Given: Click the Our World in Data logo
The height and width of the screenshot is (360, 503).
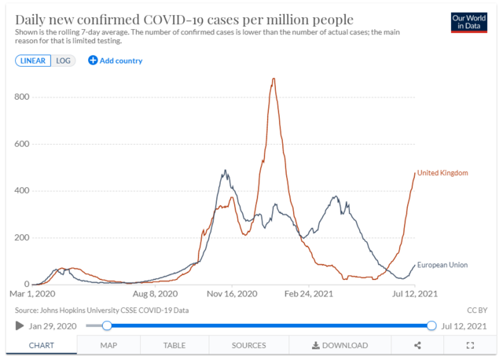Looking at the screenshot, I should click(x=470, y=21).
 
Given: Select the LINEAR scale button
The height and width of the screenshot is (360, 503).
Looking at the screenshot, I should click(x=33, y=60).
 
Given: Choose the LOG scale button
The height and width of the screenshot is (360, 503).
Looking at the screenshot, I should click(x=64, y=60).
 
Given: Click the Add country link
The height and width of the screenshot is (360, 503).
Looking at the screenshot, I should click(x=116, y=61).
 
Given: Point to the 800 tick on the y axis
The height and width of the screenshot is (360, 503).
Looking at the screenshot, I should click(x=20, y=97).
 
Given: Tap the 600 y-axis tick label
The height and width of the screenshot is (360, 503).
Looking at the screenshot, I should click(x=20, y=144).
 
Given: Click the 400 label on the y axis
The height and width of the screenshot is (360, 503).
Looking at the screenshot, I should click(x=20, y=191).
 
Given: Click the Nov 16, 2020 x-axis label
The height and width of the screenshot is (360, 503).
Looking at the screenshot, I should click(x=233, y=294).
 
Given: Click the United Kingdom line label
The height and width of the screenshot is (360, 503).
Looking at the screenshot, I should click(x=442, y=173).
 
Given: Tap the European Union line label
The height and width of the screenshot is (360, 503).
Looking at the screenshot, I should click(x=442, y=265).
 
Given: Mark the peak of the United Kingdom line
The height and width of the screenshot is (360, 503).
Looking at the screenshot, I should click(x=273, y=79).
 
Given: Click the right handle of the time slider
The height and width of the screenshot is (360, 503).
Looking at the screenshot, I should click(x=431, y=325).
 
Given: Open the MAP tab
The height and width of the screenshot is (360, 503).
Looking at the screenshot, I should click(x=108, y=345).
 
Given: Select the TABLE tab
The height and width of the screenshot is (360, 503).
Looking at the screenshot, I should click(x=174, y=345).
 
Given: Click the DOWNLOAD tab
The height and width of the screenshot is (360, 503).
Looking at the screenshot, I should click(x=340, y=345).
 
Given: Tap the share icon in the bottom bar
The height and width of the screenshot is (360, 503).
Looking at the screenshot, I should click(x=418, y=345).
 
